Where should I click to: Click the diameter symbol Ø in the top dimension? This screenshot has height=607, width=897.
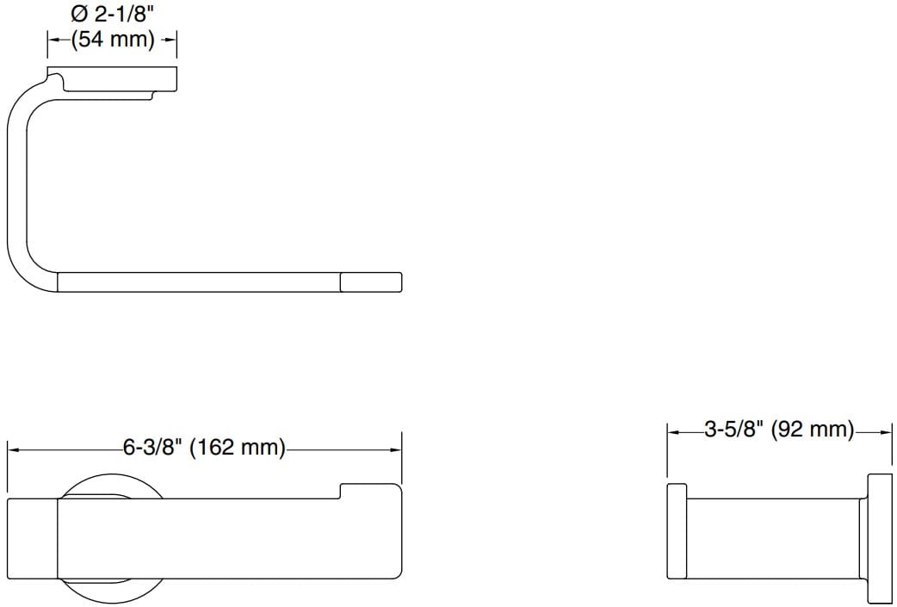point(80,15)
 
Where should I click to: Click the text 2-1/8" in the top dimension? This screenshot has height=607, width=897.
point(123,15)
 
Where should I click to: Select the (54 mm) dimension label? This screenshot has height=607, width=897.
point(112,40)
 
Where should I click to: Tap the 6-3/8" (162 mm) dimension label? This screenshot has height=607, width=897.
point(204,448)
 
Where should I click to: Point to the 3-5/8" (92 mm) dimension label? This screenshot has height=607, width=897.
point(779,430)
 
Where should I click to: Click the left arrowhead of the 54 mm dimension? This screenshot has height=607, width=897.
point(52,40)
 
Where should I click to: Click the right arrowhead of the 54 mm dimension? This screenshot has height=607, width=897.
point(171,40)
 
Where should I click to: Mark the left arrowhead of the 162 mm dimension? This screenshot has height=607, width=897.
point(13,449)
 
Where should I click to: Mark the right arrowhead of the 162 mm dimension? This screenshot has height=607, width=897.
point(397,449)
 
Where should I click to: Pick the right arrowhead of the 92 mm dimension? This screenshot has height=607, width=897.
point(888,430)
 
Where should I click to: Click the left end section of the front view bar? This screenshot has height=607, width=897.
point(33,538)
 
